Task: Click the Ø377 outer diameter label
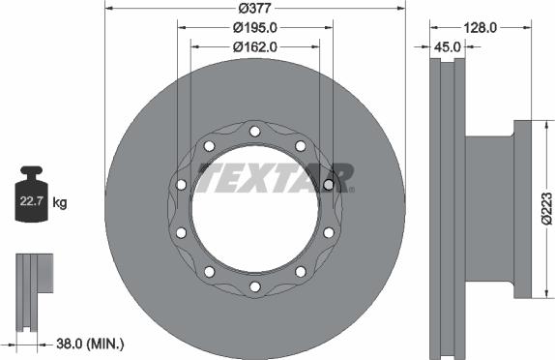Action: pyautogui.click(x=255, y=8)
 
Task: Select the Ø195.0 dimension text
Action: pyautogui.click(x=255, y=28)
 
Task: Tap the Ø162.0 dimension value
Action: pyautogui.click(x=255, y=46)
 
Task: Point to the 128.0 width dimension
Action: pyautogui.click(x=481, y=28)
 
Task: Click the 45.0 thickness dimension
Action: pyautogui.click(x=448, y=46)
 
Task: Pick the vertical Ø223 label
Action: pyautogui.click(x=547, y=208)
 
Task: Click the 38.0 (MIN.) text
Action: pyautogui.click(x=90, y=344)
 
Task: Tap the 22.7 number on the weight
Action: pyautogui.click(x=31, y=201)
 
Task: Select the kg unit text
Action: pyautogui.click(x=60, y=203)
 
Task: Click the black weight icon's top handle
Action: pyautogui.click(x=32, y=170)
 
